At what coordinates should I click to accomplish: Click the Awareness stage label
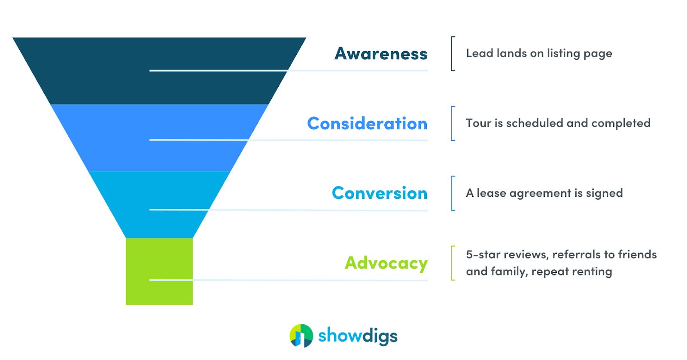[x=381, y=54]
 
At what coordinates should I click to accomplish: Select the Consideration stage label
[x=367, y=124]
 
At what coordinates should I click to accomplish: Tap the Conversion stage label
[x=380, y=193]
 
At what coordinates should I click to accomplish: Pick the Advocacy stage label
[x=386, y=263]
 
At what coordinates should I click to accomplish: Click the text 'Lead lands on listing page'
[x=539, y=54]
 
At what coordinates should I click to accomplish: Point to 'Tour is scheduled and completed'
[x=558, y=123]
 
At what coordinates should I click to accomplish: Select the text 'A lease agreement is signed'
[x=544, y=193]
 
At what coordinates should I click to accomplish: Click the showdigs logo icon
[x=301, y=336]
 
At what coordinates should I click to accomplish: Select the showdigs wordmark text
[x=358, y=336]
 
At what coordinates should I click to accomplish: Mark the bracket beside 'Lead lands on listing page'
[x=453, y=54]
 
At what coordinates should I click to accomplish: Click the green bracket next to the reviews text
[x=453, y=263]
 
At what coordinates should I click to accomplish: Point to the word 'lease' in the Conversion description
[x=491, y=193]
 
